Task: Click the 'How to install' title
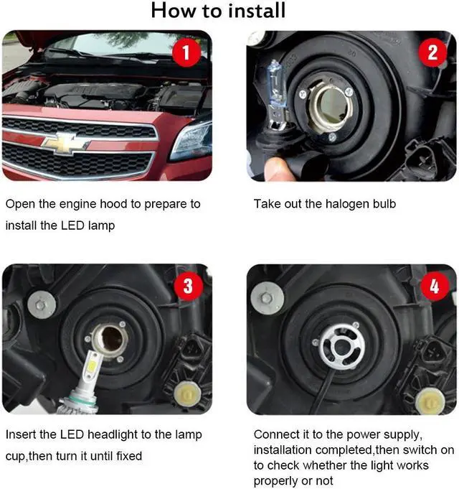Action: click(218, 11)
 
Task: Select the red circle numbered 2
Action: click(432, 52)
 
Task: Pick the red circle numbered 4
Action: click(434, 286)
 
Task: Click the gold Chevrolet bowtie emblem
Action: click(63, 142)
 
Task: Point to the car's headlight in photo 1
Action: click(192, 139)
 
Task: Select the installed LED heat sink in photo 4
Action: click(341, 345)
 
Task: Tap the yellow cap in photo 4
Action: click(430, 399)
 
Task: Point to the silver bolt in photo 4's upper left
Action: click(267, 297)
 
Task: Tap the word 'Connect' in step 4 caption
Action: click(276, 434)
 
